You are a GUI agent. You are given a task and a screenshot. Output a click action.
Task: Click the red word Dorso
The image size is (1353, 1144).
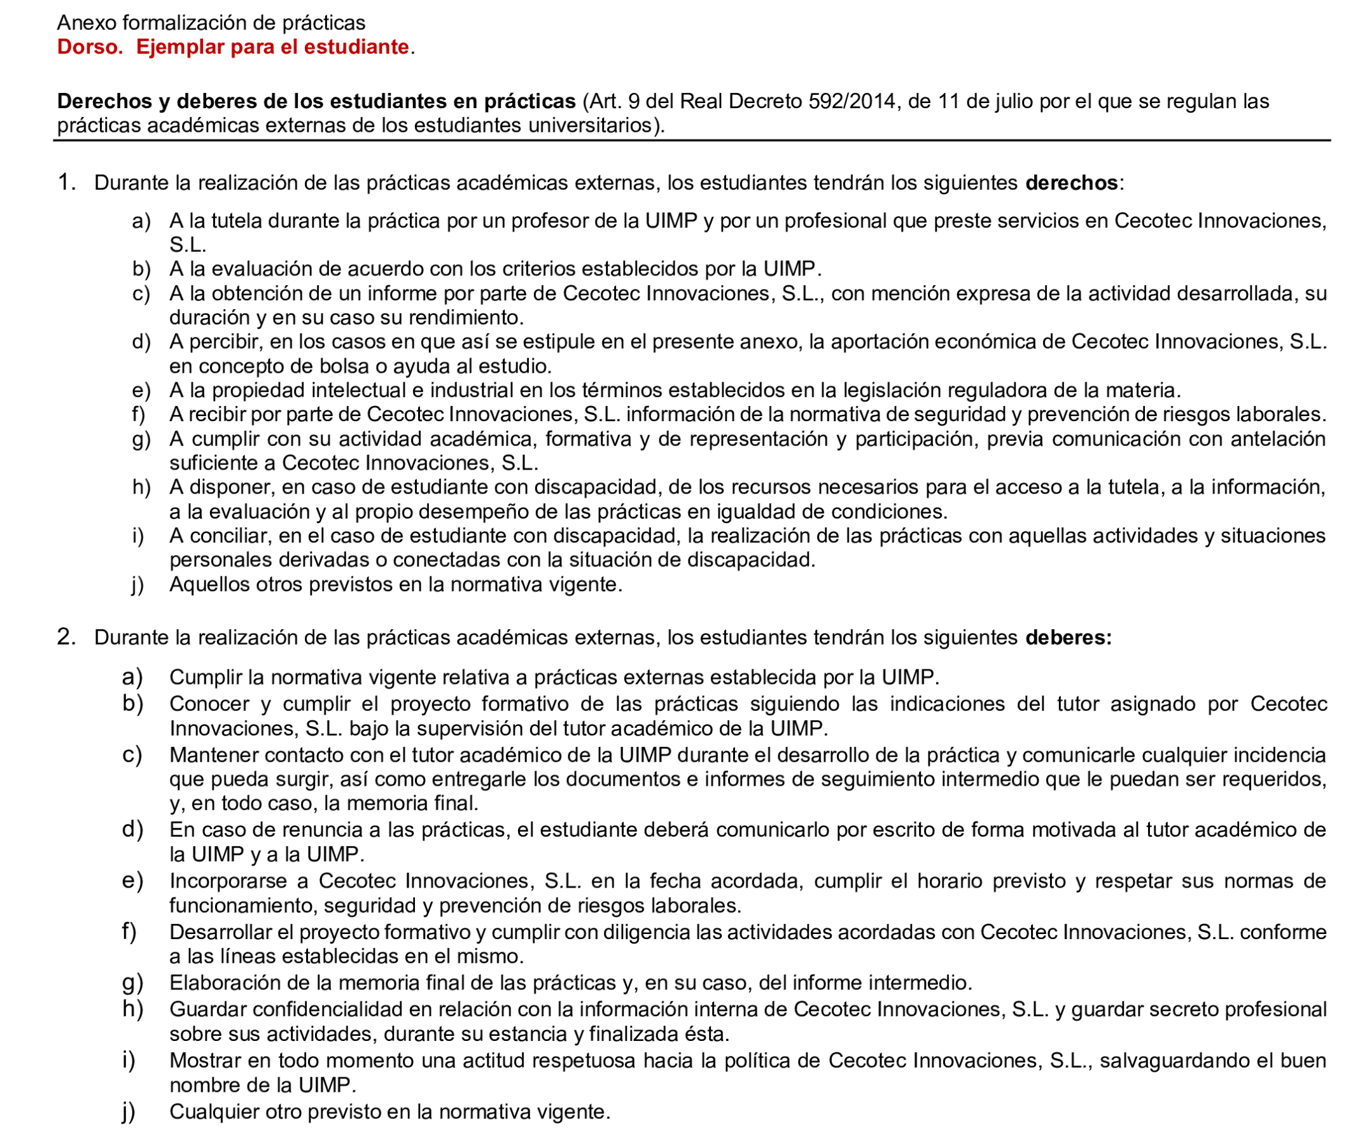pyautogui.click(x=90, y=47)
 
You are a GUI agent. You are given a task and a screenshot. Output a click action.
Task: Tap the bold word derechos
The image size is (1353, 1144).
pyautogui.click(x=1071, y=183)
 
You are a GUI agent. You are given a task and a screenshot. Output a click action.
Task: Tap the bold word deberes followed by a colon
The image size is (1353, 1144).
pyautogui.click(x=1068, y=638)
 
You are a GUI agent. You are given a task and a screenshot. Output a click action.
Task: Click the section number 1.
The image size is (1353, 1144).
pyautogui.click(x=66, y=183)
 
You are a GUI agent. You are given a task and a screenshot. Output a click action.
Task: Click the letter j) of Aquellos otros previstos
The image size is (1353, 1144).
pyautogui.click(x=137, y=585)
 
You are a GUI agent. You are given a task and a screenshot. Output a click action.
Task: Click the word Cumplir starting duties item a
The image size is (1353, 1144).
pyautogui.click(x=205, y=678)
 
